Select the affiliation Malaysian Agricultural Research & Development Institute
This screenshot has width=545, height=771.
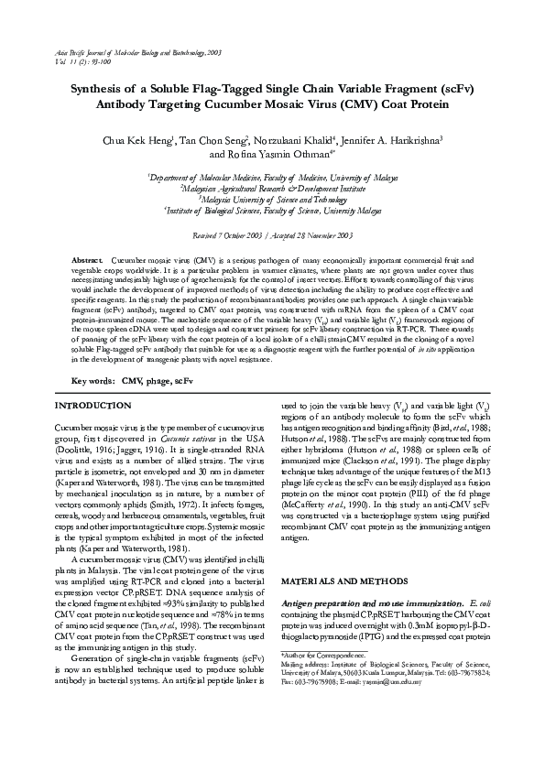[x=272, y=187]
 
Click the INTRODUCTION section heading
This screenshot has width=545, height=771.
[x=93, y=405]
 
